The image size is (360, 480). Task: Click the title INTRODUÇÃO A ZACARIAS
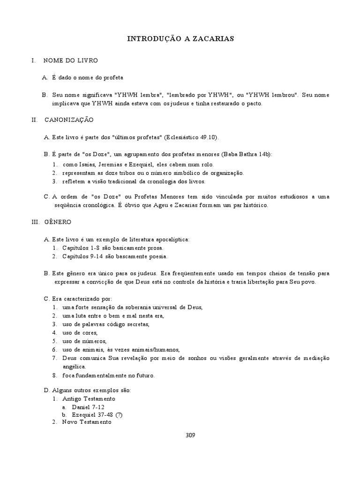click(180, 39)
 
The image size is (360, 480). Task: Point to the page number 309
click(190, 435)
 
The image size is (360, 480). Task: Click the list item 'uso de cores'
click(79, 333)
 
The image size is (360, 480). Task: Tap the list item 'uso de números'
click(84, 341)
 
